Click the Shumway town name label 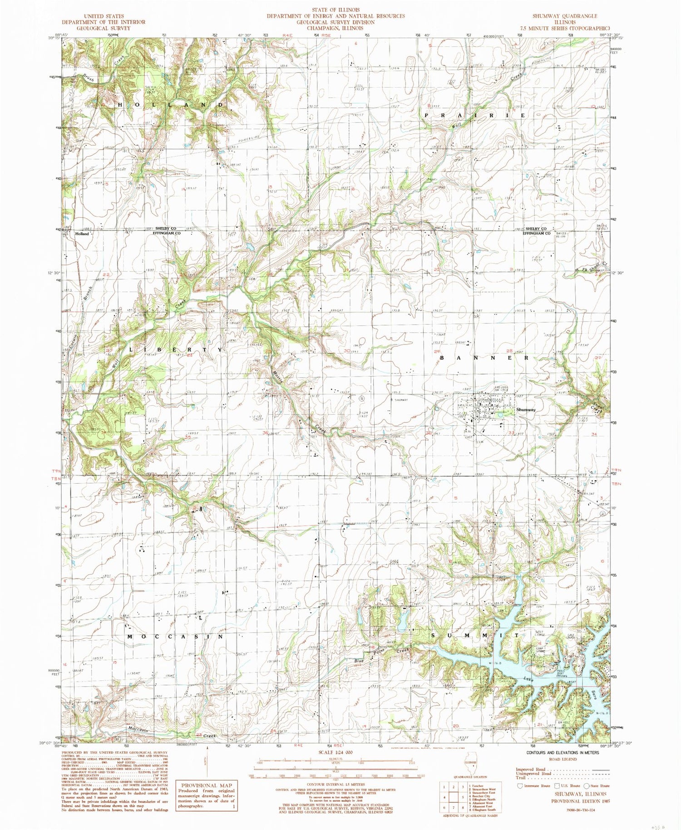(526, 410)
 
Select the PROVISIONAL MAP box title (207, 786)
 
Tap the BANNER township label (484, 358)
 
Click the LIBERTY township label (176, 350)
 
